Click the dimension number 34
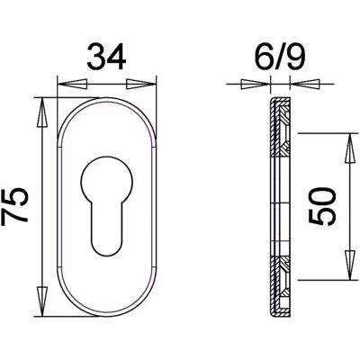coord(106,57)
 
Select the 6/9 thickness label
coord(280,57)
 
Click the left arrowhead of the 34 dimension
coord(72,85)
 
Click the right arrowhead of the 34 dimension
coord(141,85)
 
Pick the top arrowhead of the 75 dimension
coord(42,113)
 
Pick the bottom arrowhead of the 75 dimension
coord(42,301)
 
